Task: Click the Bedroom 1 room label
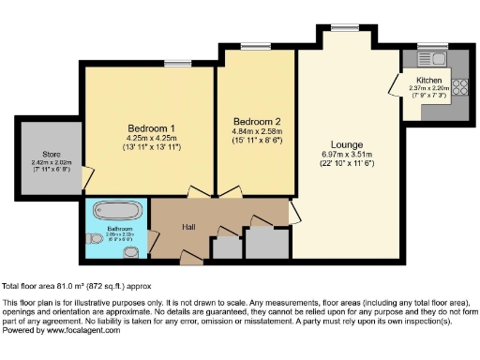pyautogui.click(x=150, y=127)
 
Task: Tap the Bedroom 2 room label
pyautogui.click(x=256, y=121)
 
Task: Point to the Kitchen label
pyautogui.click(x=428, y=81)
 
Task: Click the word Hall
pyautogui.click(x=188, y=226)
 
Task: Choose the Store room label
pyautogui.click(x=52, y=154)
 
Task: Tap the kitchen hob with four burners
pyautogui.click(x=459, y=89)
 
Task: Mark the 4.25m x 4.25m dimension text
pyautogui.click(x=151, y=139)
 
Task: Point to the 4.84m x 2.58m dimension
pyautogui.click(x=256, y=132)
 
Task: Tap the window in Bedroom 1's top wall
pyautogui.click(x=175, y=63)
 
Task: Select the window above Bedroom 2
pyautogui.click(x=251, y=46)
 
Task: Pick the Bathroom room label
pyautogui.click(x=120, y=229)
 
